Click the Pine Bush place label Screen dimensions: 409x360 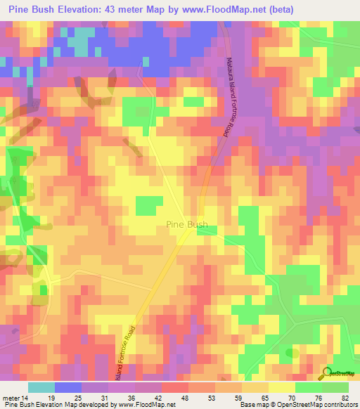point(186,225)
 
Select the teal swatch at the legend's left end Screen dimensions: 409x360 point(41,387)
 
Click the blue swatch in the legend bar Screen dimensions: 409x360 point(67,387)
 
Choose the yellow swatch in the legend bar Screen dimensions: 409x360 point(281,387)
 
